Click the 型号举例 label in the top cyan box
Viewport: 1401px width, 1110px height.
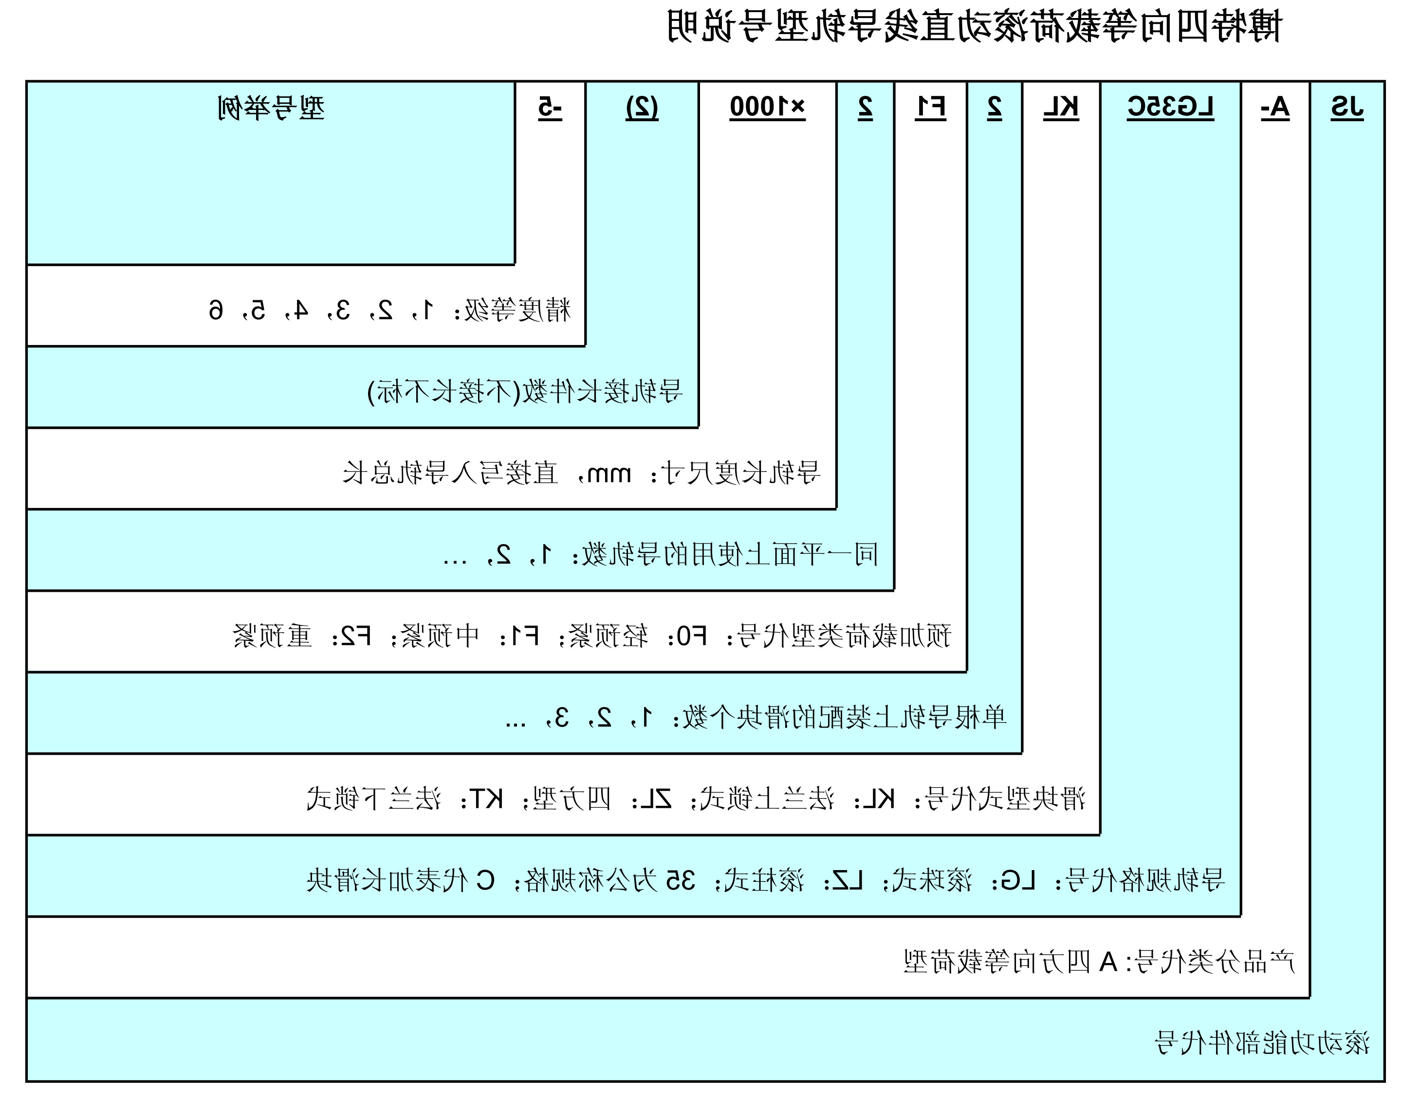tap(271, 108)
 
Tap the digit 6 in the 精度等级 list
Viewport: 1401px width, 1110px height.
tap(216, 310)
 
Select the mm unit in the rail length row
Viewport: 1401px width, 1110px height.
tap(609, 474)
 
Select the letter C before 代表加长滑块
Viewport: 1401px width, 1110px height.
tap(485, 881)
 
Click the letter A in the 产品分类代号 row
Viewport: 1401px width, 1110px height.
tap(1108, 962)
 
